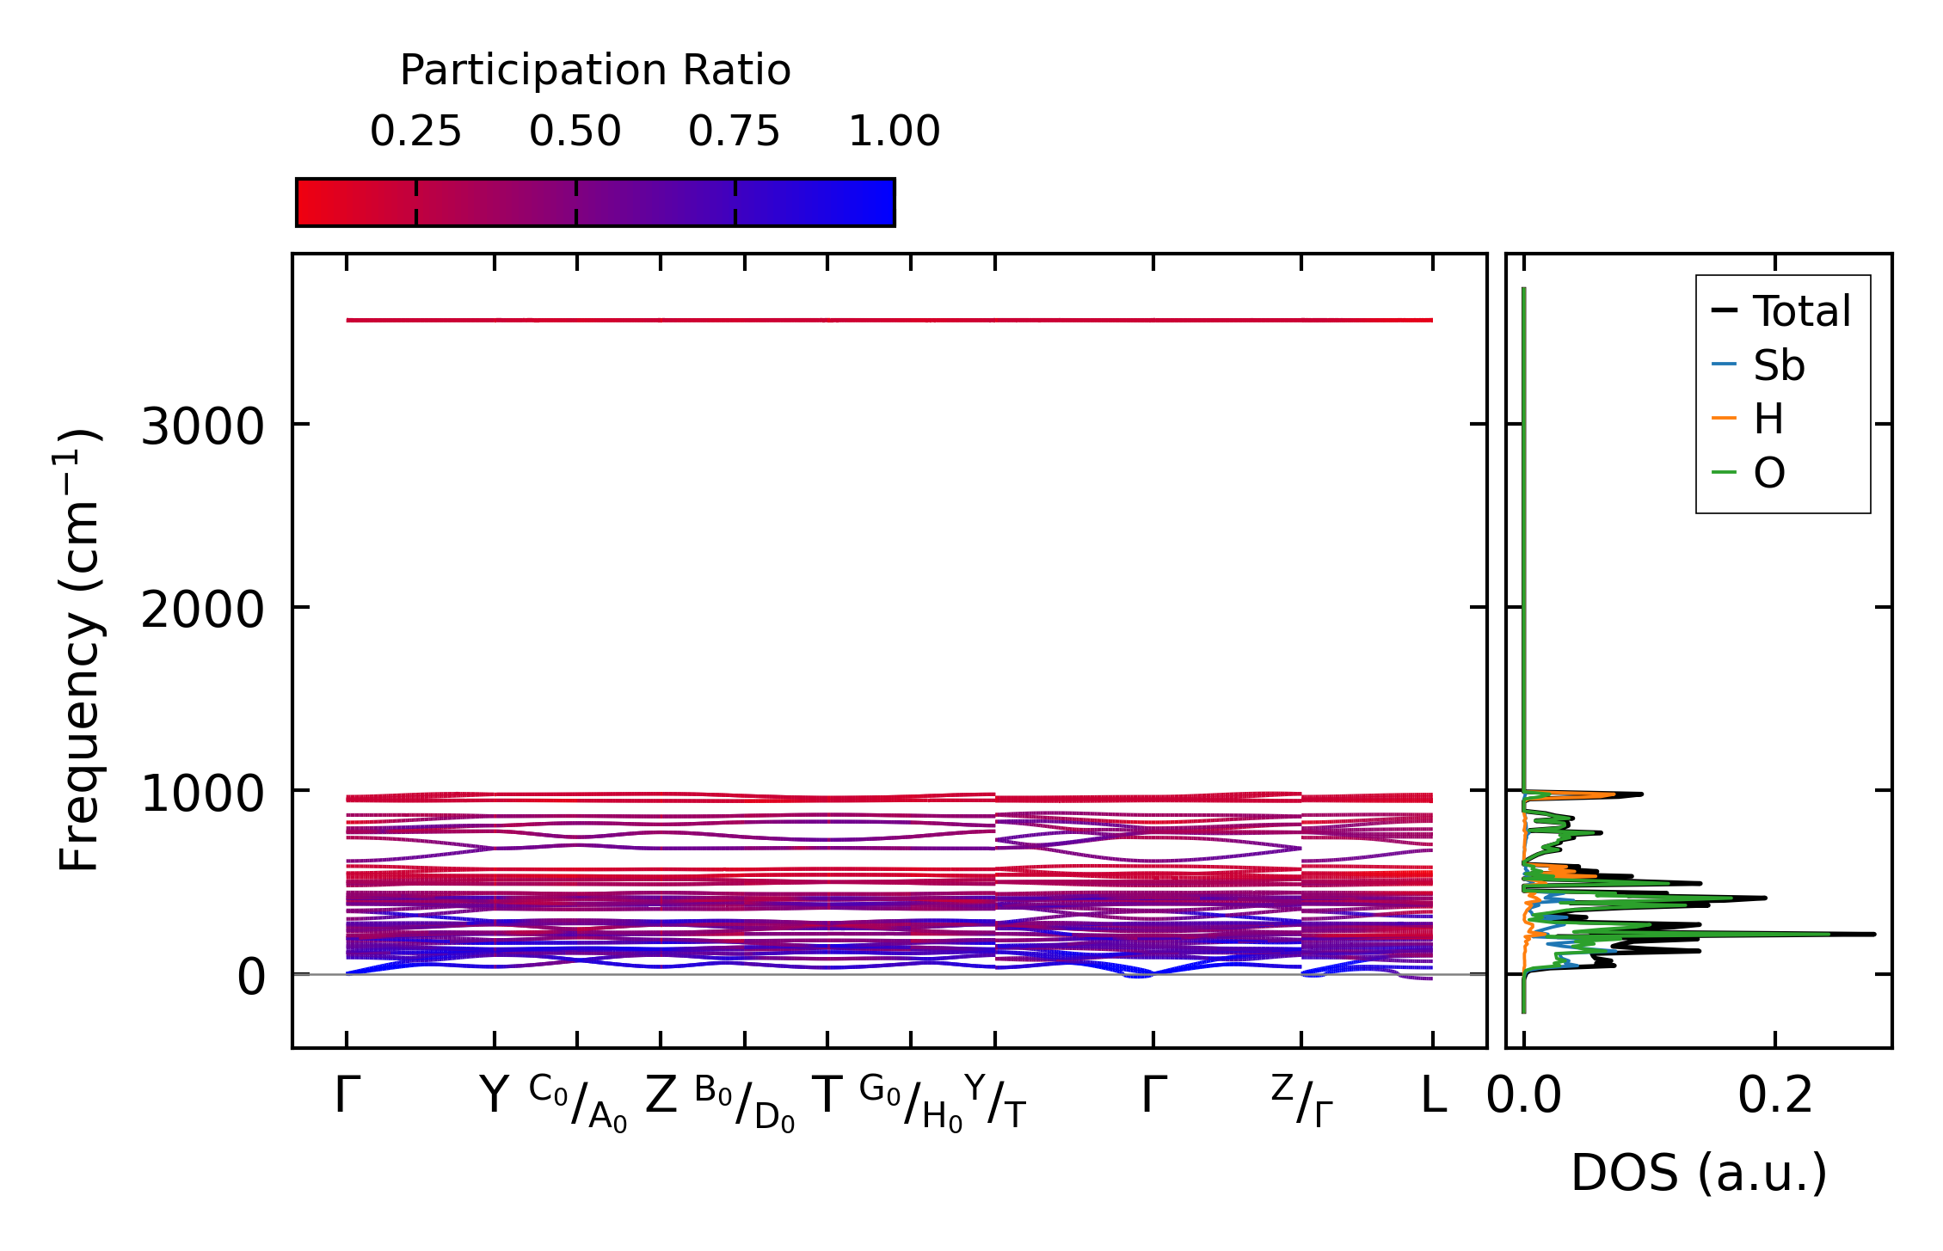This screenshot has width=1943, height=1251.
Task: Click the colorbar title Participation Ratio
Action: tap(595, 71)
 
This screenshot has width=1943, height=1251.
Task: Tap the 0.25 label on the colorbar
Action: tap(415, 132)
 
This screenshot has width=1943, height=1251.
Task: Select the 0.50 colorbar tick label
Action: tap(575, 132)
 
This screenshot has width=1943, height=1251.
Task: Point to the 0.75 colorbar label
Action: tap(734, 132)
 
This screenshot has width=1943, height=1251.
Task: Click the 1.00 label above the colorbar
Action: tap(894, 132)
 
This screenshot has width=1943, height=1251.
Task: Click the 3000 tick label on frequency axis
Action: tap(202, 426)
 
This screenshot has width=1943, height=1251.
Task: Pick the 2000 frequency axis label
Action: tap(202, 610)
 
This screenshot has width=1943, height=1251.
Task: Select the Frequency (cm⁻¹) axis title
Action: tap(79, 650)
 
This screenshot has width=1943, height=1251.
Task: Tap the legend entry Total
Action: tap(1801, 311)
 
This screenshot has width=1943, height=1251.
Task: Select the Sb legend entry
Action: tap(1779, 365)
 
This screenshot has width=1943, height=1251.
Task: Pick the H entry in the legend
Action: tap(1768, 420)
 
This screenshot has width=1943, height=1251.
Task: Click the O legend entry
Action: tap(1769, 473)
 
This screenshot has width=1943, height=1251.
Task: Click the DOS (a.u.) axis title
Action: tap(1699, 1173)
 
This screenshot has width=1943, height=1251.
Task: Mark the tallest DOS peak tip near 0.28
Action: tap(1873, 934)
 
